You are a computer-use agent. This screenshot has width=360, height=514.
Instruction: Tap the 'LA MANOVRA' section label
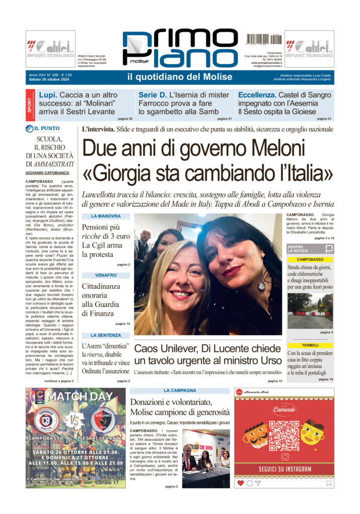coord(105,216)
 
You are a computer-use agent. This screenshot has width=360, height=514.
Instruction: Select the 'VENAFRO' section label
coord(105,275)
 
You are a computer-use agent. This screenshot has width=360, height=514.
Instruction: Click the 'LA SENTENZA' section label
coord(105,335)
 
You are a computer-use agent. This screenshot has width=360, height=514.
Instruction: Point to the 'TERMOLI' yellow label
coord(310,345)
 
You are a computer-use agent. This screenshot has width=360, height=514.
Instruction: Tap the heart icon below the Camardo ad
coord(241,483)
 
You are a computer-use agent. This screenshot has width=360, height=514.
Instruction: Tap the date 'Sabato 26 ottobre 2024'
coord(51,80)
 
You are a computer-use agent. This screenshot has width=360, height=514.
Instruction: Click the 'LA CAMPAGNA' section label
coord(180,391)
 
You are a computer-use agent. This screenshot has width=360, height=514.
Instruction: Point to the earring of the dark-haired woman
coord(262,285)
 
